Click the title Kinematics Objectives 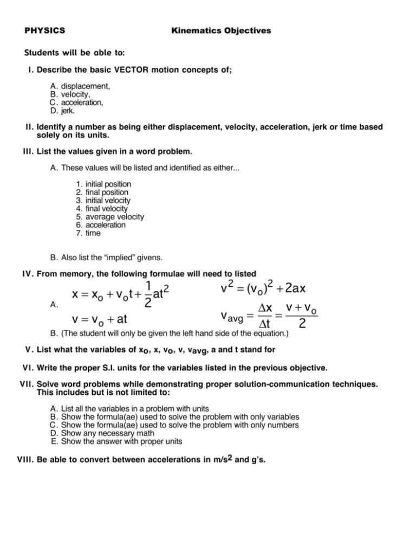point(221,31)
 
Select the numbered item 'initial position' point(111,184)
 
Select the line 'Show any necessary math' point(108,433)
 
